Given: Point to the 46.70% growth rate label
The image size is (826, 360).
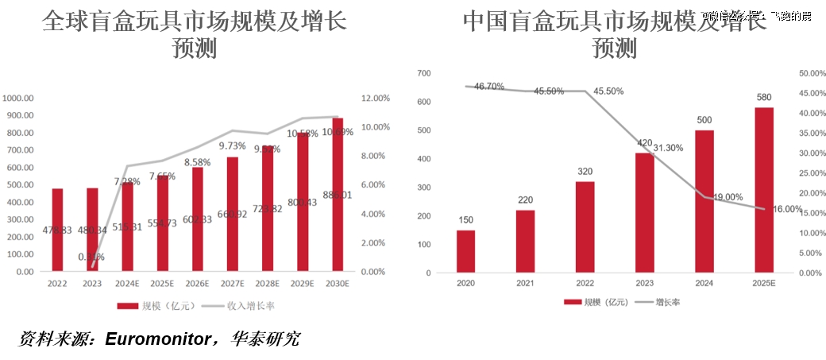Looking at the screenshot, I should tap(489, 87).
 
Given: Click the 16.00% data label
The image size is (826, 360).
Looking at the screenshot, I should tap(786, 209).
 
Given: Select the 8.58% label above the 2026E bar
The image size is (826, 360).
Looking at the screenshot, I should tap(197, 162).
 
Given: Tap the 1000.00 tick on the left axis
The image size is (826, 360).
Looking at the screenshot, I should tap(17, 99).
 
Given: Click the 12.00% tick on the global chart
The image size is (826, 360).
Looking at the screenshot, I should tap(376, 99).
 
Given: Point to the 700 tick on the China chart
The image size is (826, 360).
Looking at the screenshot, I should tap(423, 73).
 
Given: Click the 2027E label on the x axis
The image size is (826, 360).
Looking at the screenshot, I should tap(232, 283).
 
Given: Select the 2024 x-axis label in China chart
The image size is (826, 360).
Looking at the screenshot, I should tap(704, 284).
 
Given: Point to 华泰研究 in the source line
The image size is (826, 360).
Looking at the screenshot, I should tap(265, 339).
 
